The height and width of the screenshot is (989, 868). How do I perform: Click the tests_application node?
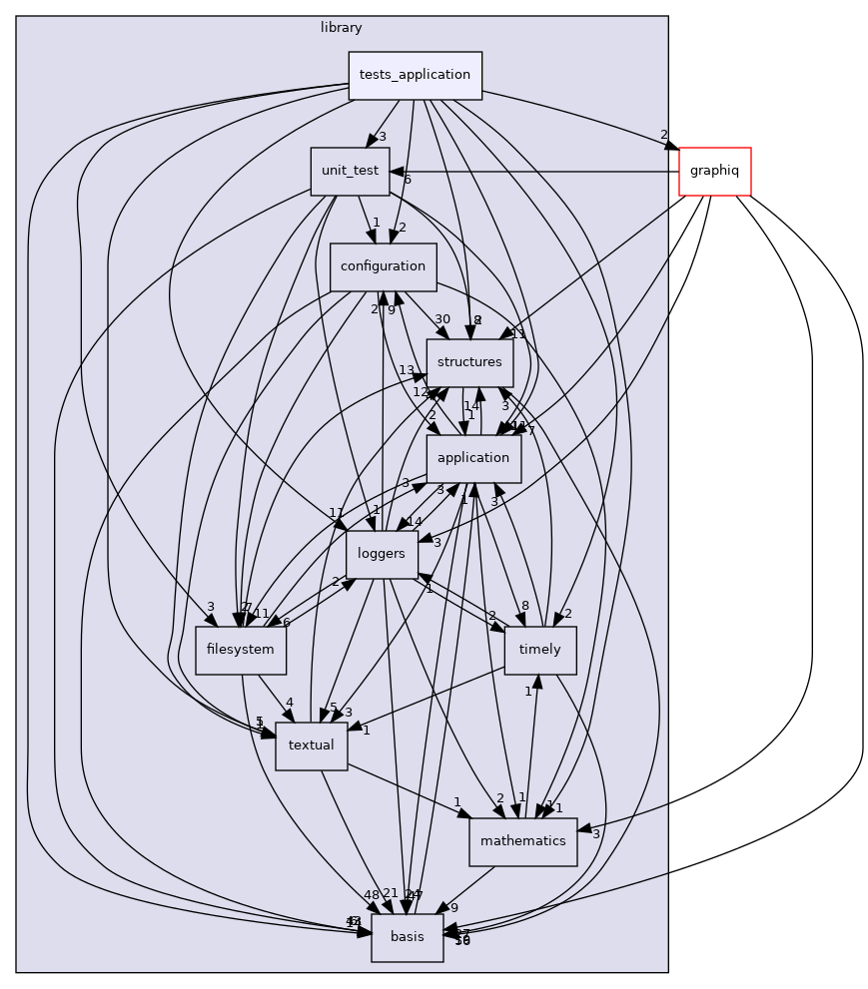415,76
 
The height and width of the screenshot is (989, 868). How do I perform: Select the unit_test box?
349,172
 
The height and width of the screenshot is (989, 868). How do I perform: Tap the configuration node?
383,267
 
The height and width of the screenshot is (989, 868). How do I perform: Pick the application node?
473,459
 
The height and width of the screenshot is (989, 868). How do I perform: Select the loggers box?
382,554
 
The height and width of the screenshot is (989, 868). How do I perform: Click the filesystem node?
241,651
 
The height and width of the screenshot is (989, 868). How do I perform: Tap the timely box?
540,651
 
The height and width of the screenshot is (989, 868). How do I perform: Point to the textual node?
311,746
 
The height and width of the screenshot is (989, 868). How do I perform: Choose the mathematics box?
522,841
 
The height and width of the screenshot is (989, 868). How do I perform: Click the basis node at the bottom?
407,937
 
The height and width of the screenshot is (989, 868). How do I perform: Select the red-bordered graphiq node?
714,172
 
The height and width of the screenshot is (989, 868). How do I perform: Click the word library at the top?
342,28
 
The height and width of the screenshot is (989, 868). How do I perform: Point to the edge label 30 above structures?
442,320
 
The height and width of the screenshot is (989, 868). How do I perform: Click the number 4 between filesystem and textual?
289,703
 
